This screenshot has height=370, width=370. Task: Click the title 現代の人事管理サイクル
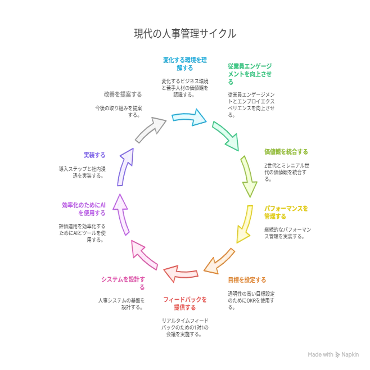(185, 34)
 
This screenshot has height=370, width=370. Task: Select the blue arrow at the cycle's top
(189, 118)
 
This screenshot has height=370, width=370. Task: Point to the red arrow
(181, 273)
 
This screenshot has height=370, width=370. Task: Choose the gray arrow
(150, 129)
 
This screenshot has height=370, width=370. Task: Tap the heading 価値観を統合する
(286, 152)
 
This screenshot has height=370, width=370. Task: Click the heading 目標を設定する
(247, 280)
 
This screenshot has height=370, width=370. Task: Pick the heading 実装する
(94, 155)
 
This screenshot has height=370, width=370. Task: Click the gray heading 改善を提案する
(123, 94)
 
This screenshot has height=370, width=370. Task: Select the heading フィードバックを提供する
(185, 304)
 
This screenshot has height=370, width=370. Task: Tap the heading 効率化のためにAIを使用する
(84, 209)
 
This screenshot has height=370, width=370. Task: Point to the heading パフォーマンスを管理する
(286, 213)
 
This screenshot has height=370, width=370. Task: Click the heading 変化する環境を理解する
(185, 64)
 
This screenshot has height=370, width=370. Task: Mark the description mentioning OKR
(251, 300)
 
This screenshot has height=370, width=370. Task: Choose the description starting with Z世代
(287, 172)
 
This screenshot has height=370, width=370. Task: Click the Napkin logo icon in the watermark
(337, 354)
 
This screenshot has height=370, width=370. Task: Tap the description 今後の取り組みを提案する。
(119, 111)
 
